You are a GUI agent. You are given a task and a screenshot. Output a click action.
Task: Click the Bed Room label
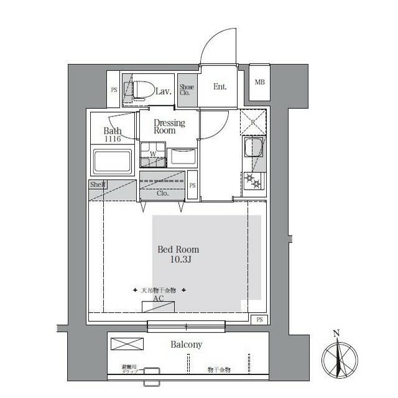click(178, 249)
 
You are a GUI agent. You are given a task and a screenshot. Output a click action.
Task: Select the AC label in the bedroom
click(159, 299)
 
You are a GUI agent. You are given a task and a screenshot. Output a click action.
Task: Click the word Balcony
click(187, 344)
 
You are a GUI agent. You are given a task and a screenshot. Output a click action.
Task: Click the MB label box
click(259, 81)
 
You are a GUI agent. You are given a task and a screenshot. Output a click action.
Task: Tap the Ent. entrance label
click(220, 86)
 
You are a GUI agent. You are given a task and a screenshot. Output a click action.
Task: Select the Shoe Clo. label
click(187, 91)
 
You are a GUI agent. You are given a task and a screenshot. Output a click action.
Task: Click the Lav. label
click(163, 91)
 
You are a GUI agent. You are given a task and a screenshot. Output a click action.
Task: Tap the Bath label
click(112, 131)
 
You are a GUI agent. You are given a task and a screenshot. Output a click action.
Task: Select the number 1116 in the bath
click(112, 140)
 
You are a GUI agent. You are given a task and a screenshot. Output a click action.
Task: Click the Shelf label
click(98, 185)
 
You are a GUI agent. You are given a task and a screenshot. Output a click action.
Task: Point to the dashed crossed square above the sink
click(252, 121)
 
